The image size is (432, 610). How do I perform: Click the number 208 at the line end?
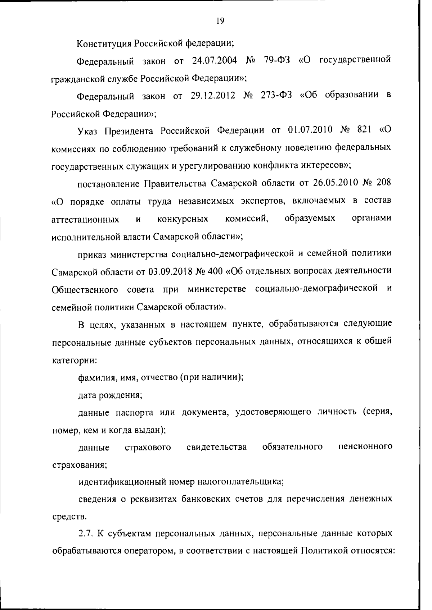pos(383,183)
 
